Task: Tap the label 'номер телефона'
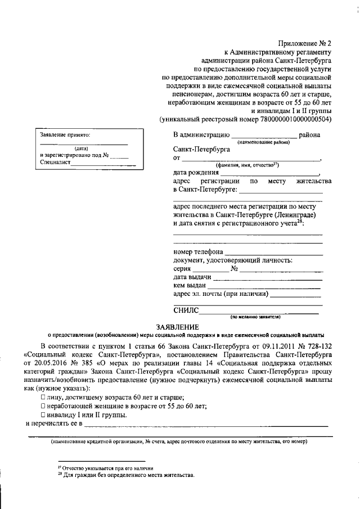198,251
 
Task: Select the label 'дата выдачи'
192,277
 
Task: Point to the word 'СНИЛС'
187,309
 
